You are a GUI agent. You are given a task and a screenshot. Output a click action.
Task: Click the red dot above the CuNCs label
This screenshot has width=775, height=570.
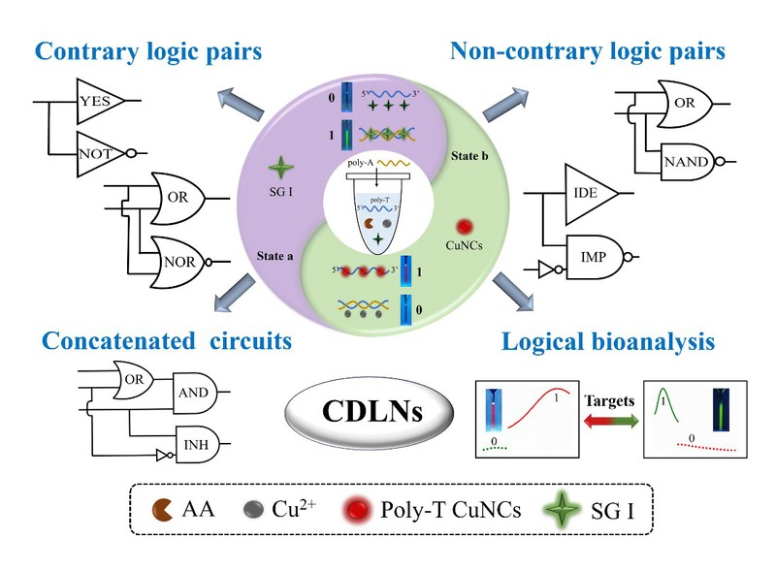(x=468, y=227)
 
